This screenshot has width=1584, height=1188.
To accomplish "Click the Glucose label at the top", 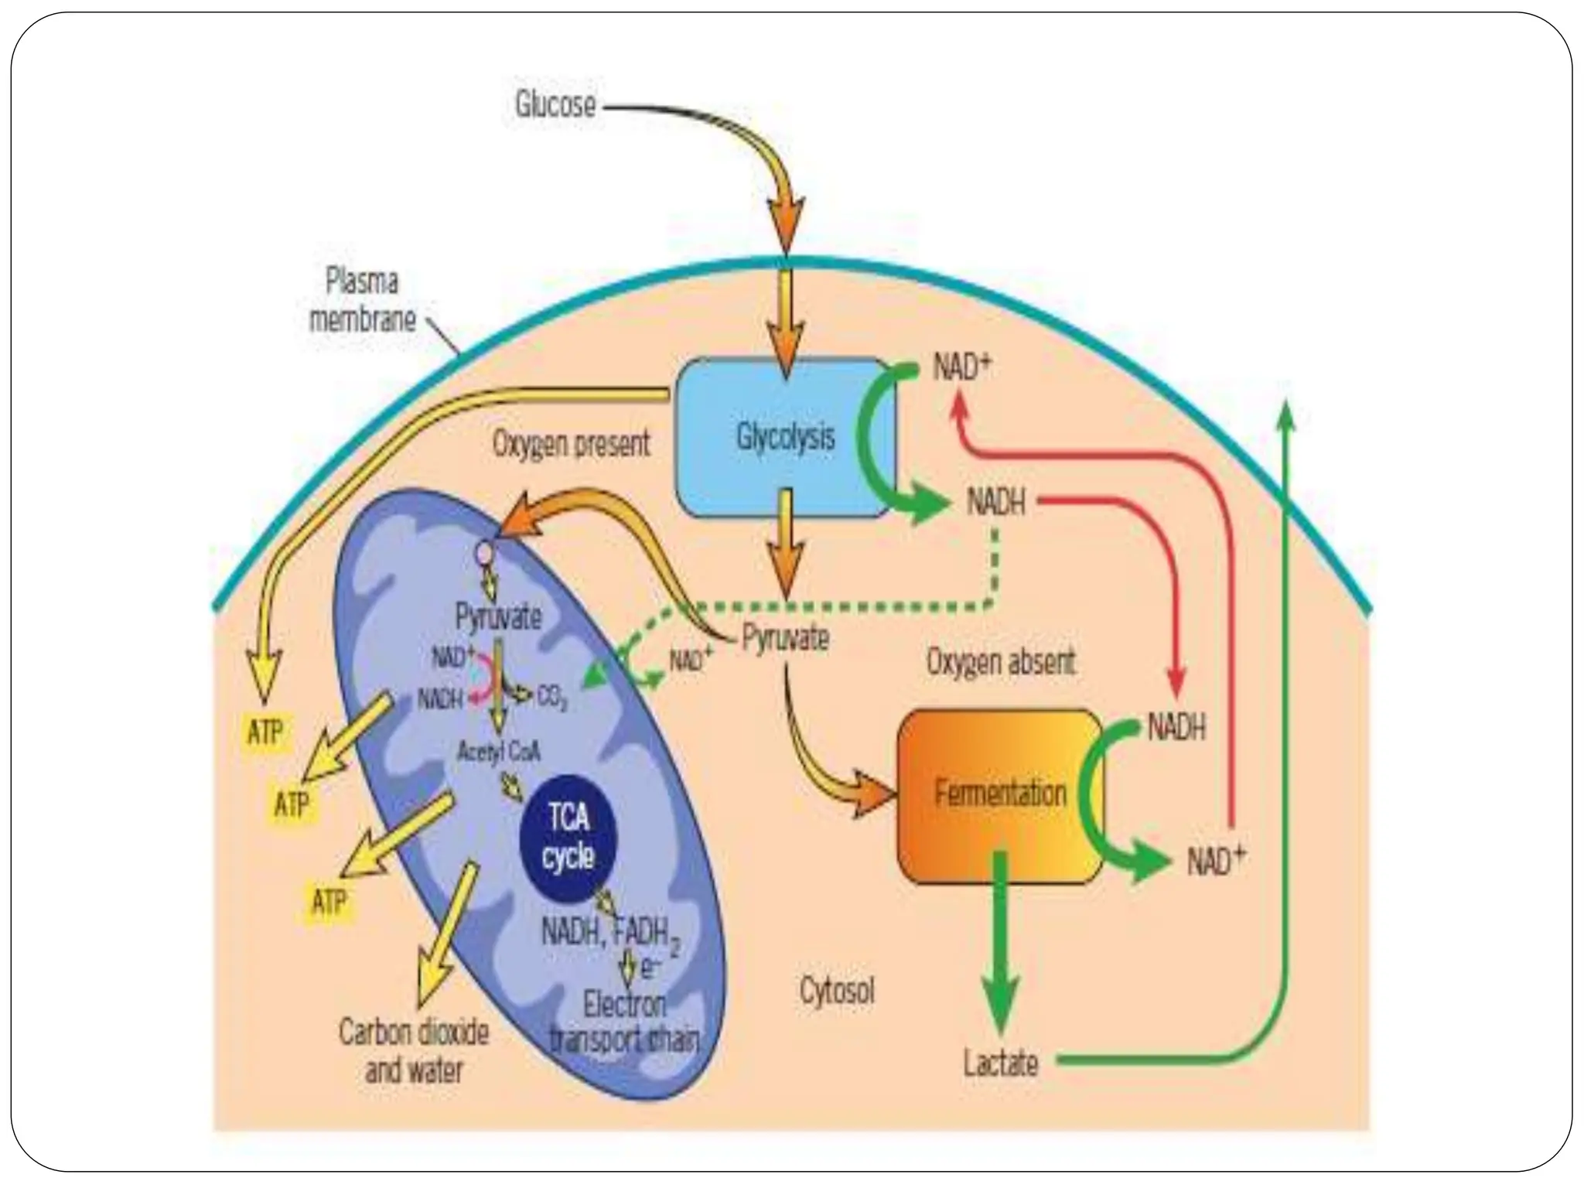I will pyautogui.click(x=555, y=105).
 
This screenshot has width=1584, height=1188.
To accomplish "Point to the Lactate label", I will pyautogui.click(x=1000, y=1063).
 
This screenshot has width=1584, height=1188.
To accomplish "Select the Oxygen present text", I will pyautogui.click(x=572, y=445).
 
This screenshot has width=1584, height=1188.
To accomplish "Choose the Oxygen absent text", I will pyautogui.click(x=1001, y=662).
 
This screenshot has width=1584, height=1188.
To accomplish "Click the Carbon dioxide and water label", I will pyautogui.click(x=414, y=1052).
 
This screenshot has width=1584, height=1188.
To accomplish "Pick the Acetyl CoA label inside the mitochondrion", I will pyautogui.click(x=498, y=751).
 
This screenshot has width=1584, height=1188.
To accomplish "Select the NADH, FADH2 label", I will pyautogui.click(x=610, y=934).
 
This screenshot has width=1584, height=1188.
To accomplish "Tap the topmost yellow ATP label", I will pyautogui.click(x=265, y=732).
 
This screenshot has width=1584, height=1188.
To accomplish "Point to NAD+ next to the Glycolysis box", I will pyautogui.click(x=961, y=368).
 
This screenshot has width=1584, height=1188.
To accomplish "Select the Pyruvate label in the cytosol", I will pyautogui.click(x=785, y=638).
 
